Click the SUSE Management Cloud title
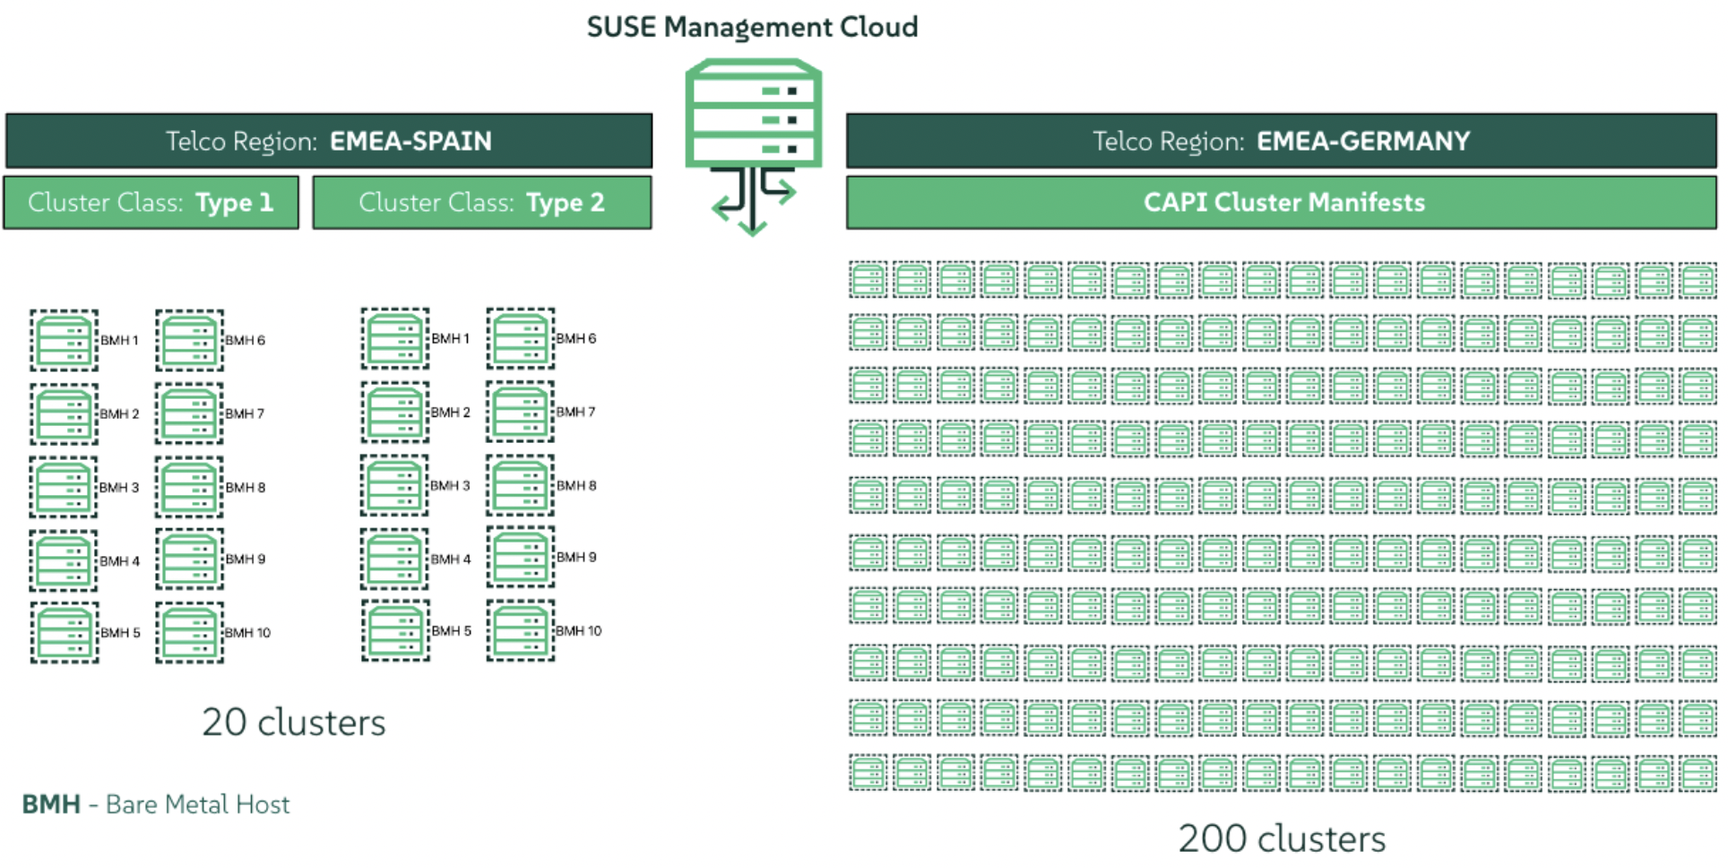(x=752, y=27)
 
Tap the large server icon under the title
(x=753, y=113)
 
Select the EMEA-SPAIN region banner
(x=329, y=141)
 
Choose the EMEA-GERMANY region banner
(x=1281, y=141)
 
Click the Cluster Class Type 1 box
(x=151, y=203)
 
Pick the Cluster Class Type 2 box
(x=482, y=203)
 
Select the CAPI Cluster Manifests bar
(x=1282, y=203)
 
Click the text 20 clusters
(x=293, y=722)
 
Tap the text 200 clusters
(x=1282, y=838)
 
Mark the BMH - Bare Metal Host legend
(x=156, y=804)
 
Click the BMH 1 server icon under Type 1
(x=64, y=341)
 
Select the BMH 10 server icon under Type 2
(x=521, y=631)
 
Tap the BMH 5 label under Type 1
(x=120, y=633)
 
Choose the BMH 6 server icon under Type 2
(x=521, y=339)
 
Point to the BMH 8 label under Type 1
(x=245, y=488)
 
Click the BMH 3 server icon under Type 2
(x=395, y=486)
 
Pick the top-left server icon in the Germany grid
(x=868, y=280)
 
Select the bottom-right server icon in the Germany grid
(x=1698, y=774)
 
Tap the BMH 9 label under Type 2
(x=575, y=558)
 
